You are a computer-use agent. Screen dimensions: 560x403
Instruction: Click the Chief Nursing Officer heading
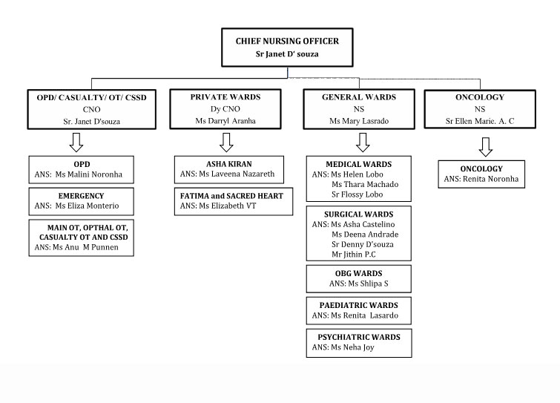[287, 41]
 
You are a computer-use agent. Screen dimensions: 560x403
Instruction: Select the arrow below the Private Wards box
[226, 142]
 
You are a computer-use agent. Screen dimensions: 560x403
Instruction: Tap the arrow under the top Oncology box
[486, 147]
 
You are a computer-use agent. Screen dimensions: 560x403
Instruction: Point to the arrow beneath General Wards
[363, 142]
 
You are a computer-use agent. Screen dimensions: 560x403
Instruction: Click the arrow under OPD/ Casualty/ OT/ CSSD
[76, 142]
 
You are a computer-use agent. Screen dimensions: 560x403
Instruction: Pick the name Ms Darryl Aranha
[225, 121]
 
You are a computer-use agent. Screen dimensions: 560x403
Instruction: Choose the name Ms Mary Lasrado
[359, 121]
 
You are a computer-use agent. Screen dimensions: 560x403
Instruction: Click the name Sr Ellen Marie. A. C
[480, 121]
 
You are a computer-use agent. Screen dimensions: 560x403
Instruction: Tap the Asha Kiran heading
[229, 164]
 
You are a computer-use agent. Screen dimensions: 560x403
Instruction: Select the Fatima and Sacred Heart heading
[231, 196]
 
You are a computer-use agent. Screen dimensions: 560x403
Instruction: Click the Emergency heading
[81, 196]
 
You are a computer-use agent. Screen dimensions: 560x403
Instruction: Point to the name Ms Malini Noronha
[88, 174]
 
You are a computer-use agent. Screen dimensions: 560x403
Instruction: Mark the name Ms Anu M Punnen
[85, 247]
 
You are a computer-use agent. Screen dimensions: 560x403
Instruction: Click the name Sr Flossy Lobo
[358, 194]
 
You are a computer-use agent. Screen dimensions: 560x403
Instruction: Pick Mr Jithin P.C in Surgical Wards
[354, 255]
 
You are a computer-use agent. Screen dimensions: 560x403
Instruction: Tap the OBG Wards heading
[358, 273]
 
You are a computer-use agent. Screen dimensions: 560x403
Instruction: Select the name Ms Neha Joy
[352, 347]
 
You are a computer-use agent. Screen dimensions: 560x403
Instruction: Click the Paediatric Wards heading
[358, 305]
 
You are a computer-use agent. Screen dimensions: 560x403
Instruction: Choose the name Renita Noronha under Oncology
[491, 179]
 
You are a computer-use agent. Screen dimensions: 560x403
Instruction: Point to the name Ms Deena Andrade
[365, 235]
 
